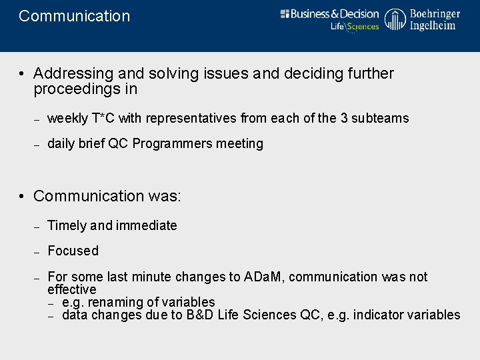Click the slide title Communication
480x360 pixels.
click(75, 16)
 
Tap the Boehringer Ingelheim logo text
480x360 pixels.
click(434, 20)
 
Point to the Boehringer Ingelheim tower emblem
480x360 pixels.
click(395, 20)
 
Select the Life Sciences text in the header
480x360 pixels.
click(355, 27)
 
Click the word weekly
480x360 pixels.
click(67, 119)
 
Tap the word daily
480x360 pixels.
click(61, 144)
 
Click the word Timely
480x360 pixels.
click(67, 226)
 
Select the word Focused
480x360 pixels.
click(73, 251)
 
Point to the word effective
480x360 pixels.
click(72, 289)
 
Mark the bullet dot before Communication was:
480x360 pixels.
click(23, 197)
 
